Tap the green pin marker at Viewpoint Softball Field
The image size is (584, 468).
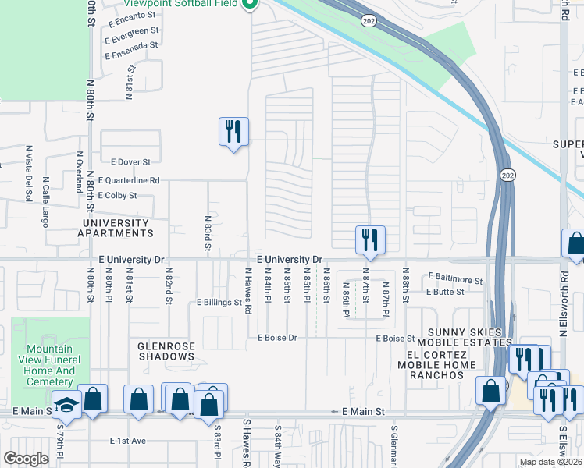[x=250, y=5]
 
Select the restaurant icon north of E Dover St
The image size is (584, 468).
[x=233, y=131]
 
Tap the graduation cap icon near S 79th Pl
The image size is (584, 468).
[x=67, y=406]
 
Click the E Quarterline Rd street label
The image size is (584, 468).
[x=129, y=180]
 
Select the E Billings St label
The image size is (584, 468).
[x=219, y=302]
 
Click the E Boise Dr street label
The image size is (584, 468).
[x=277, y=338]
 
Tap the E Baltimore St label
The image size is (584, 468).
[x=455, y=278]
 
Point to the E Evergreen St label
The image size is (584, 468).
[x=134, y=30]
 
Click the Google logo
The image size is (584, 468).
[x=26, y=459]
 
